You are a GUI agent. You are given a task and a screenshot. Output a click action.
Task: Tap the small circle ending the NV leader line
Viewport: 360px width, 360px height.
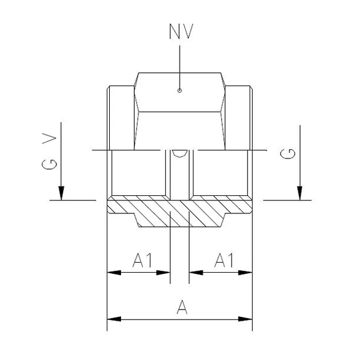click(x=180, y=90)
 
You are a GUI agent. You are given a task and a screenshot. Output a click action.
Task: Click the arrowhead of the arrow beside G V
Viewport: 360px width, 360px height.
click(x=61, y=194)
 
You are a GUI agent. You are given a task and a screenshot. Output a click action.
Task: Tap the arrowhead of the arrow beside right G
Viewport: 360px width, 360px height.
click(x=300, y=194)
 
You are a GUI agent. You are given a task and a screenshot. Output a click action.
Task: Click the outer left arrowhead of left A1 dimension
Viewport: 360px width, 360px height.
click(x=113, y=272)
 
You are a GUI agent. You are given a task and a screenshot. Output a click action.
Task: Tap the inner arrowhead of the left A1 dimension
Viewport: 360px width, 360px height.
click(x=165, y=272)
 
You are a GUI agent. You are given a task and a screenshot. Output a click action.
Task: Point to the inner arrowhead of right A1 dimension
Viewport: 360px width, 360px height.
click(x=195, y=272)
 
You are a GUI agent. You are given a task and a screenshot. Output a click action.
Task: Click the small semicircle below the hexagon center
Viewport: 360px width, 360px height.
click(x=180, y=153)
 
